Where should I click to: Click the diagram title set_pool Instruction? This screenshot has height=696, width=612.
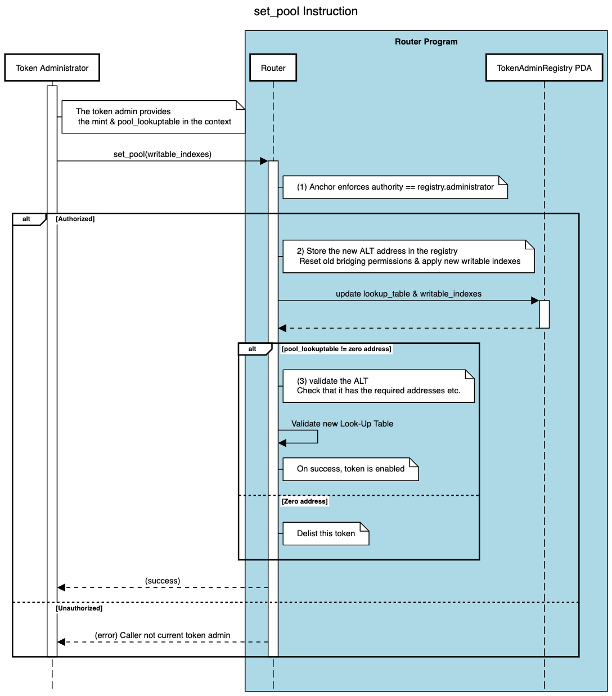pyautogui.click(x=305, y=11)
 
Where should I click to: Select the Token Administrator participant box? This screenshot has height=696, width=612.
pyautogui.click(x=52, y=68)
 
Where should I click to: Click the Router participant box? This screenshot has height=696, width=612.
pyautogui.click(x=273, y=68)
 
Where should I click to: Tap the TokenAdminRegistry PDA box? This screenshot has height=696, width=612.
pyautogui.click(x=544, y=68)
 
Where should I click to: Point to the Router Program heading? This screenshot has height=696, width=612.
pyautogui.click(x=426, y=42)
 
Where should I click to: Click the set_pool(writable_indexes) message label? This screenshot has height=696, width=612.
pyautogui.click(x=163, y=154)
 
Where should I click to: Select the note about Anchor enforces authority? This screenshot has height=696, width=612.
pyautogui.click(x=395, y=187)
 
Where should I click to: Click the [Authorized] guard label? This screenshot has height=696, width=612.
pyautogui.click(x=75, y=219)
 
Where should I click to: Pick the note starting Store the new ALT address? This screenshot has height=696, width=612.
pyautogui.click(x=408, y=257)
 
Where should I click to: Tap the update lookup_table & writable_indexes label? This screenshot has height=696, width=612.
pyautogui.click(x=408, y=294)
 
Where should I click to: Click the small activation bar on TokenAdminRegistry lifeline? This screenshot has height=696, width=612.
pyautogui.click(x=544, y=314)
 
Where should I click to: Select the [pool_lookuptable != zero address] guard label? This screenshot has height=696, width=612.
pyautogui.click(x=336, y=349)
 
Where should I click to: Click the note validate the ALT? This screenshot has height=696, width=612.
pyautogui.click(x=378, y=386)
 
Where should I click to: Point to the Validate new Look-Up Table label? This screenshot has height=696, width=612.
pyautogui.click(x=342, y=424)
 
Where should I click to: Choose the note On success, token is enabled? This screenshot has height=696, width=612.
pyautogui.click(x=350, y=469)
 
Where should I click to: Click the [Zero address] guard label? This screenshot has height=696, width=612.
pyautogui.click(x=304, y=501)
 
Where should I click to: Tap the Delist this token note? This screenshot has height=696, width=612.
pyautogui.click(x=326, y=533)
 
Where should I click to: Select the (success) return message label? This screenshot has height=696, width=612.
pyautogui.click(x=163, y=581)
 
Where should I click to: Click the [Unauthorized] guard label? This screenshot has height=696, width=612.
pyautogui.click(x=79, y=608)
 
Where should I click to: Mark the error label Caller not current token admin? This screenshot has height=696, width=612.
pyautogui.click(x=163, y=635)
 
